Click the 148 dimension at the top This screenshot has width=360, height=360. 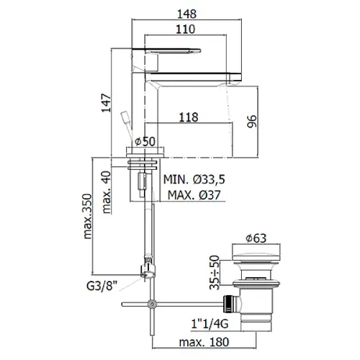pos(186,14)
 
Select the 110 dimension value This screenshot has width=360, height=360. pos(186,30)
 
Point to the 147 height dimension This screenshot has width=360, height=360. pos(106,103)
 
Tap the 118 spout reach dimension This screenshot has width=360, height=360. pos(189,117)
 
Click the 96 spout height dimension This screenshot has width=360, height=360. pos(252,122)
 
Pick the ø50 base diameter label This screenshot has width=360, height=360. pos(145,142)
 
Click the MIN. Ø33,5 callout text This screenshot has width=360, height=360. pos(194,179)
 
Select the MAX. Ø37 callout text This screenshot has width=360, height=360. pos(194,195)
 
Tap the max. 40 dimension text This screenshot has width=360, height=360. pos(107,192)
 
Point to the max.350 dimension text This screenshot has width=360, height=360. pos(87,216)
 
